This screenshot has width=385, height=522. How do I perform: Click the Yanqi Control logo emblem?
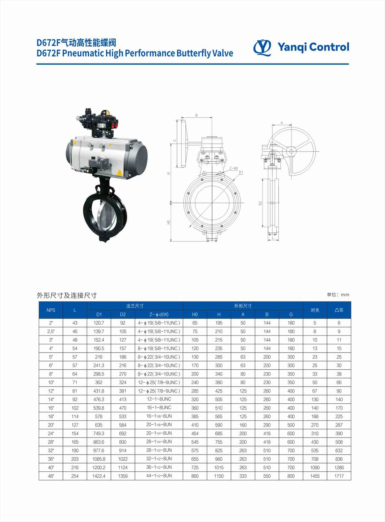coord(262,47)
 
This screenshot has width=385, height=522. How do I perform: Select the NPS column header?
coord(51,310)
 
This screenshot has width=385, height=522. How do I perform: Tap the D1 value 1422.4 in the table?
coord(99,476)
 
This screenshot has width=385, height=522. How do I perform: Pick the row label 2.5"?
coord(51,331)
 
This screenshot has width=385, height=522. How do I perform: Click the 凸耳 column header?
coord(339,310)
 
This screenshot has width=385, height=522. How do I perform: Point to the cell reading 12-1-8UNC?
coord(159,399)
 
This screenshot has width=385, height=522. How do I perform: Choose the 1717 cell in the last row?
coord(339,476)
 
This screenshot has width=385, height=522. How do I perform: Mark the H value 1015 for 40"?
coord(219,467)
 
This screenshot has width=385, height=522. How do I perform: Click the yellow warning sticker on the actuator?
coord(119,173)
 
